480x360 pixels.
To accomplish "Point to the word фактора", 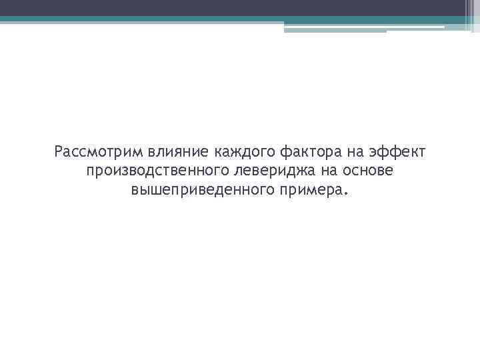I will click(308, 153).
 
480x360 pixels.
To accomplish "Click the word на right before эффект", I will click(353, 153).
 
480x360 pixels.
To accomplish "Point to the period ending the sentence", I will click(345, 195).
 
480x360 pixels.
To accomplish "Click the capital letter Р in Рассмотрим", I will click(59, 153).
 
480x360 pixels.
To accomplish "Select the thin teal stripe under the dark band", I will click(200, 19).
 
